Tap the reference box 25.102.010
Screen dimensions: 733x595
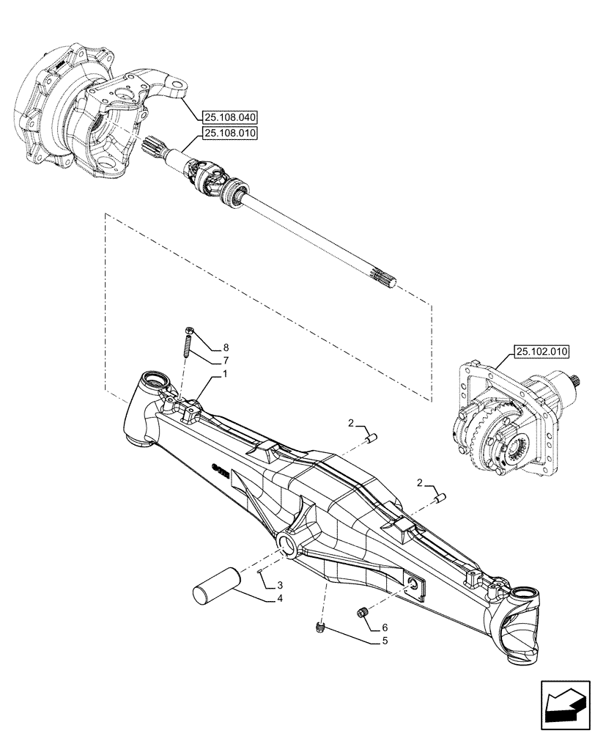[542, 352]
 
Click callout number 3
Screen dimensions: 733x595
[281, 586]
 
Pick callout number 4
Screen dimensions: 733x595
[281, 600]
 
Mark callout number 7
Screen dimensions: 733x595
[226, 361]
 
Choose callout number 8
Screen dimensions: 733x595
[226, 347]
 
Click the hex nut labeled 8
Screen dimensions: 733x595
[188, 331]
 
